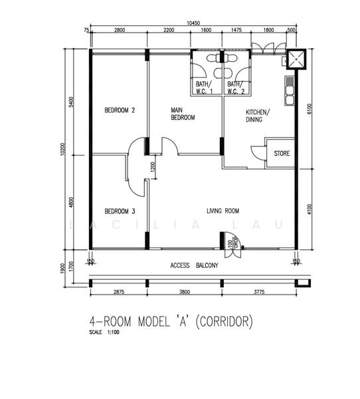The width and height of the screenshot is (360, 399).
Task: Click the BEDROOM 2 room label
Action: tap(120, 110)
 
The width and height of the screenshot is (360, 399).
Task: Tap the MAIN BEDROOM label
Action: tap(183, 114)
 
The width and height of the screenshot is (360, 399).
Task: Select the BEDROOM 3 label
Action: tap(120, 211)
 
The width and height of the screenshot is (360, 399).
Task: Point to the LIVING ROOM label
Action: tap(223, 211)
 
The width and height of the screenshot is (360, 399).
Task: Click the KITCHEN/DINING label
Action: tap(258, 116)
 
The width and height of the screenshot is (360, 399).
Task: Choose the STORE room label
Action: tap(282, 154)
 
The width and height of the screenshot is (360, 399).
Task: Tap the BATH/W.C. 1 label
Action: tap(204, 88)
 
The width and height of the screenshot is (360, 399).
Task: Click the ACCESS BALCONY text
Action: tap(194, 265)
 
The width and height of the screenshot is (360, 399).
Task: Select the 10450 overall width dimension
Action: tap(193, 23)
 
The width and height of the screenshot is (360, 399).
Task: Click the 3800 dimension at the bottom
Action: tap(185, 291)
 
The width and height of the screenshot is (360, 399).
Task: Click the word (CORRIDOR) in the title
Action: tap(223, 323)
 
